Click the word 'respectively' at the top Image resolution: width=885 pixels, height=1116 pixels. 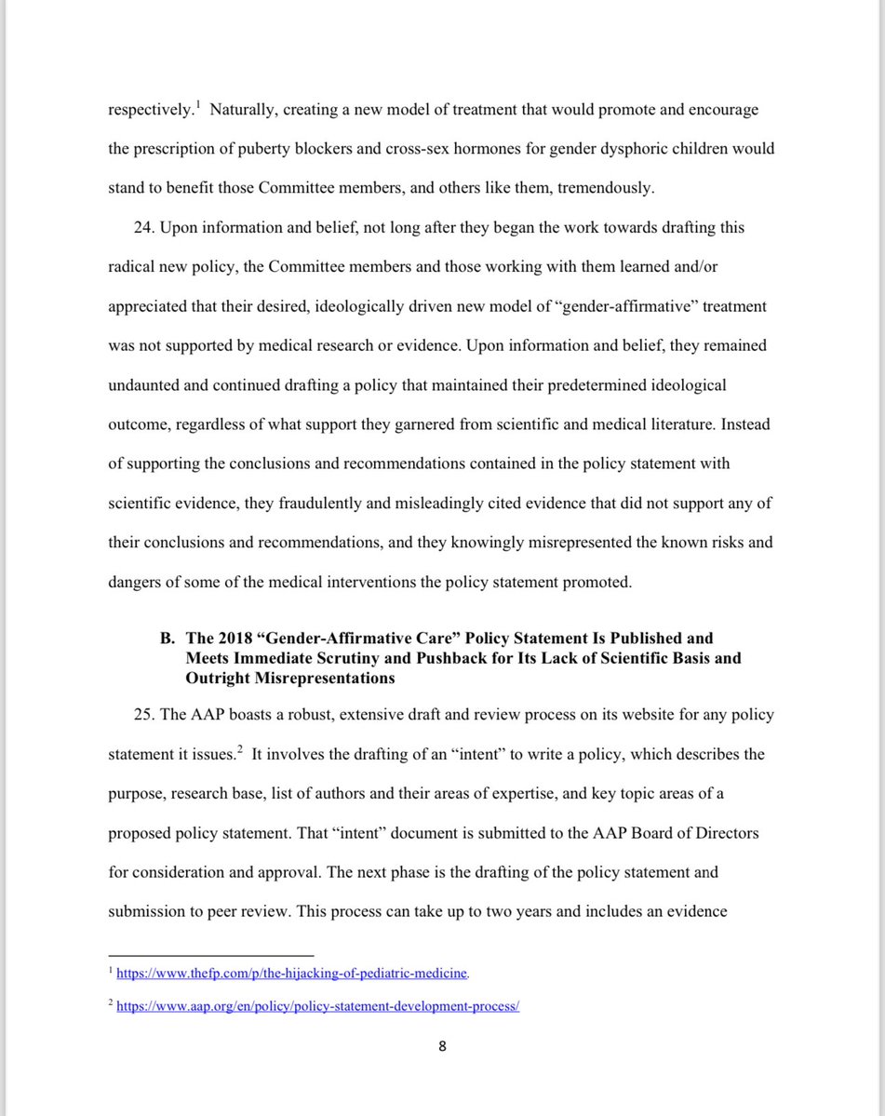pos(150,110)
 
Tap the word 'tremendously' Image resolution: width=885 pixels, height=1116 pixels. pos(605,188)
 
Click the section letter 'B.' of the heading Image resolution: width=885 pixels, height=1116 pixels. pos(168,639)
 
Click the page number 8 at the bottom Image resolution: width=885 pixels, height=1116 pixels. pos(442,1046)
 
